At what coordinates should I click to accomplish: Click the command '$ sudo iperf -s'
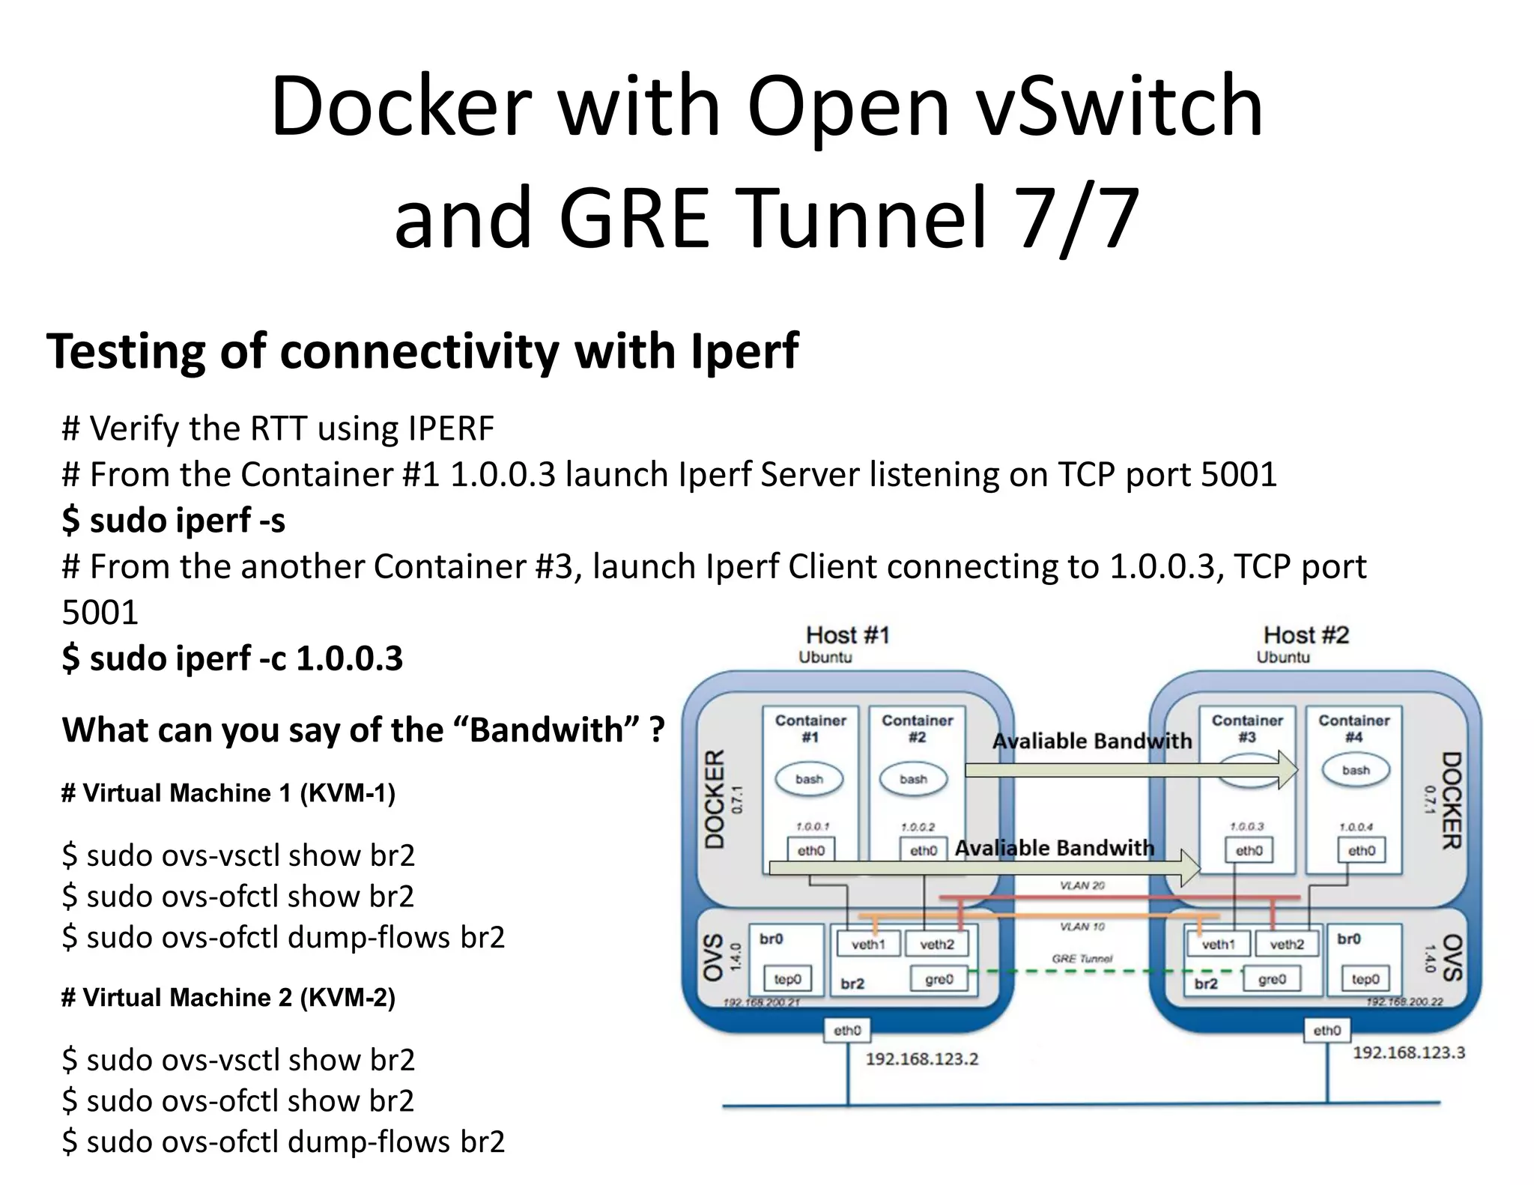pyautogui.click(x=173, y=520)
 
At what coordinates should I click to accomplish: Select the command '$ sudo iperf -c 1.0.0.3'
pyautogui.click(x=232, y=658)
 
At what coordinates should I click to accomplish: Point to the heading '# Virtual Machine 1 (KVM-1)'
pyautogui.click(x=228, y=792)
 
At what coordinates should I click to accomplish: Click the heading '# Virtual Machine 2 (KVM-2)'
pyautogui.click(x=228, y=997)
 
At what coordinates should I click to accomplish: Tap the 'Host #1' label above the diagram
pyautogui.click(x=847, y=635)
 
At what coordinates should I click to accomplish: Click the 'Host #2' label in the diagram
pyautogui.click(x=1306, y=635)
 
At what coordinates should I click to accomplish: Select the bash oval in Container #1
pyautogui.click(x=809, y=779)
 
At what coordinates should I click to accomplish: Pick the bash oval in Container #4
pyautogui.click(x=1356, y=770)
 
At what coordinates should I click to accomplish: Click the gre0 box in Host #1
pyautogui.click(x=939, y=979)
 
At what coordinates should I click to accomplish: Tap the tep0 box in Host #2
pyautogui.click(x=1365, y=979)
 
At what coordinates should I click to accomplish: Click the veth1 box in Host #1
pyautogui.click(x=868, y=945)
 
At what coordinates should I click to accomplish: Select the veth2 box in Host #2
pyautogui.click(x=1286, y=945)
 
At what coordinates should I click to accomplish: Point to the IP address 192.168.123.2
pyautogui.click(x=921, y=1059)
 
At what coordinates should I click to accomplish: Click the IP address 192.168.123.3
pyautogui.click(x=1408, y=1052)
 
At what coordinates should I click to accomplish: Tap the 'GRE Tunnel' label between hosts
pyautogui.click(x=1082, y=959)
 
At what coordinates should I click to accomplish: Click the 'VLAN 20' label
pyautogui.click(x=1082, y=885)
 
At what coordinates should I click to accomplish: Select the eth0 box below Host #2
pyautogui.click(x=1327, y=1031)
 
